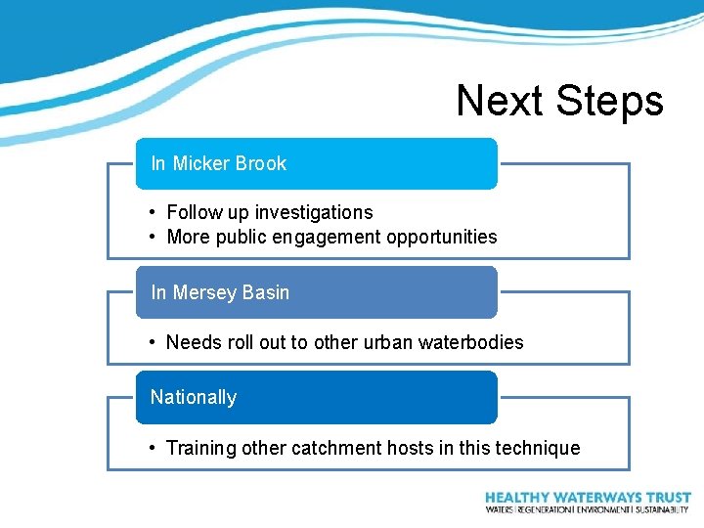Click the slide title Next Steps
click(x=559, y=101)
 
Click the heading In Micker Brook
click(x=218, y=163)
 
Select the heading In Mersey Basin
click(x=220, y=292)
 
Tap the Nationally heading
click(x=194, y=397)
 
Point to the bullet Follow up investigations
click(x=270, y=212)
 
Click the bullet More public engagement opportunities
click(x=331, y=237)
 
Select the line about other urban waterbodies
click(x=344, y=342)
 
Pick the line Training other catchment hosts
click(x=373, y=448)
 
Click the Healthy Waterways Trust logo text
click(x=588, y=498)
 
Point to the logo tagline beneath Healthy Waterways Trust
click(x=588, y=509)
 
